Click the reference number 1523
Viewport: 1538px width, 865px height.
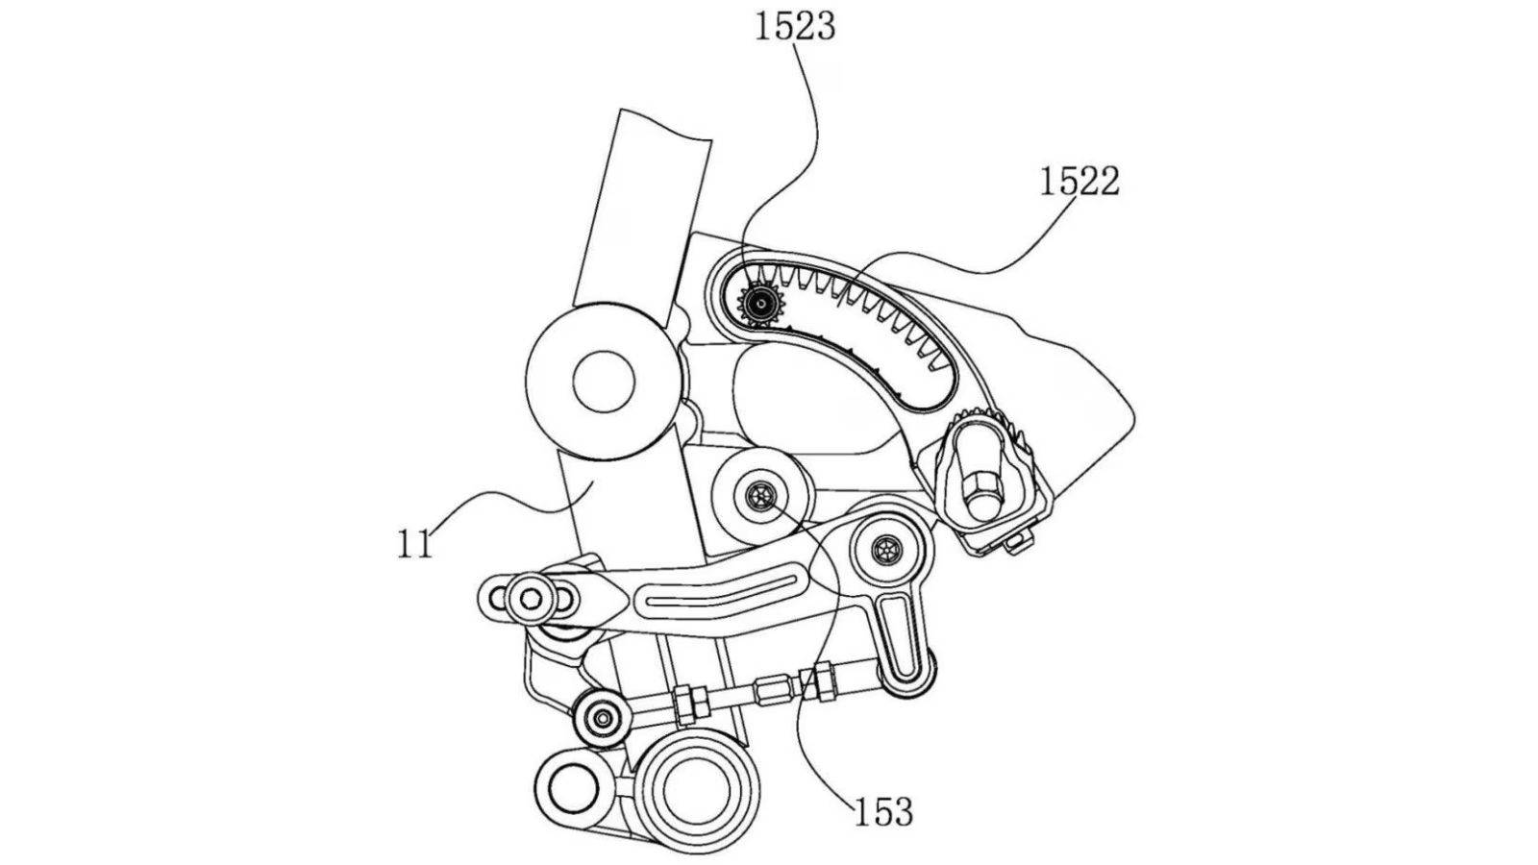[794, 26]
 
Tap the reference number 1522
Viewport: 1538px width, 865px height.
[1079, 181]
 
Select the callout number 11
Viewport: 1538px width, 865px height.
[414, 543]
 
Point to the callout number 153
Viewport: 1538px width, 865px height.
[882, 812]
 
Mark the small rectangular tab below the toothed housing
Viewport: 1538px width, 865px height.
[1019, 544]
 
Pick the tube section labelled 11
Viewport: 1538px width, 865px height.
[615, 509]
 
